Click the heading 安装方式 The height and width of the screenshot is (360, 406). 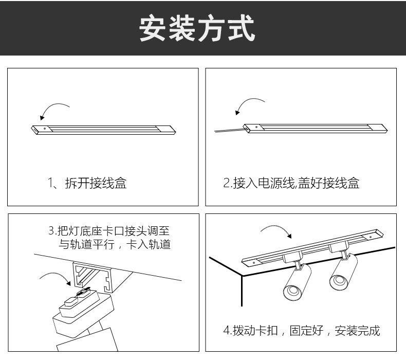(197, 28)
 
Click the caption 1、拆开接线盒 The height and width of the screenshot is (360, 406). (87, 183)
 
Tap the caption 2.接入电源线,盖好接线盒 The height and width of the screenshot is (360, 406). (291, 183)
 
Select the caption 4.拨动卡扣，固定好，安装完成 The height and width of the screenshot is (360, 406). (301, 330)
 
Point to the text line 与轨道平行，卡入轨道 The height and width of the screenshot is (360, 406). (115, 244)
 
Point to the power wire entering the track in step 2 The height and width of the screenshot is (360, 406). (228, 131)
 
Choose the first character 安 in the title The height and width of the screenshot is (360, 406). (154, 29)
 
